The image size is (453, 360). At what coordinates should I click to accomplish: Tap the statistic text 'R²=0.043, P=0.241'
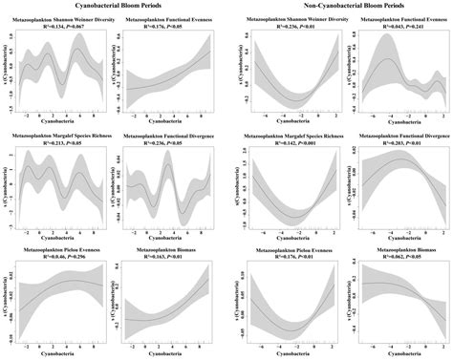(395, 26)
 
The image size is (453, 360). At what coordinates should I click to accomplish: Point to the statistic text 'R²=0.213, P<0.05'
(56, 144)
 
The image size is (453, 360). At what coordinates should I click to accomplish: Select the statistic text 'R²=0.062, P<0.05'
(395, 258)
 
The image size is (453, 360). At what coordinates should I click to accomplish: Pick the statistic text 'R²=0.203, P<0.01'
(395, 144)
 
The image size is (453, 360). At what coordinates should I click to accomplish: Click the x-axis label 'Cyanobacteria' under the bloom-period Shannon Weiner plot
(56, 118)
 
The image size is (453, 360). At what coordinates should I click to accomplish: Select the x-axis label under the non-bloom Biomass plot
(395, 351)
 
